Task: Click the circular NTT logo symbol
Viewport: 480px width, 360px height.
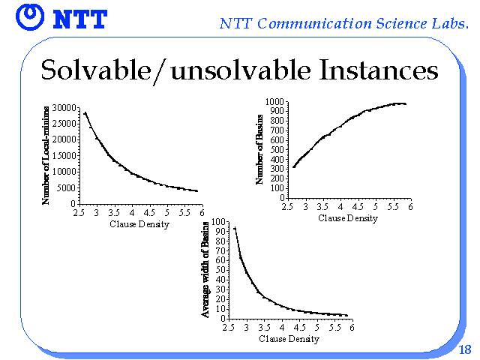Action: pos(30,17)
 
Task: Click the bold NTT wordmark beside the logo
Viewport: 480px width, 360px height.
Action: pos(80,19)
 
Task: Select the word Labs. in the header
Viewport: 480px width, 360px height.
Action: pos(450,23)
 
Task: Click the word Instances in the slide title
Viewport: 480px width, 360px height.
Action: pos(378,70)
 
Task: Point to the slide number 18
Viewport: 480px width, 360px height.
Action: pos(465,349)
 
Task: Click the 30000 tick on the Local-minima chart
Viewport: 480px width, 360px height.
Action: pos(64,108)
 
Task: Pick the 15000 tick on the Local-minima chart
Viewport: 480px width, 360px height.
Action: pos(64,156)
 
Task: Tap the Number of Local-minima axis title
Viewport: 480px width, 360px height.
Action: pos(45,155)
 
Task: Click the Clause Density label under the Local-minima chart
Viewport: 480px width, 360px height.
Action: pos(139,224)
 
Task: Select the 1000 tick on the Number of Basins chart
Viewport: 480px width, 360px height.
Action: pos(274,101)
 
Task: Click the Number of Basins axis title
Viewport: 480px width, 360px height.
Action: pos(259,149)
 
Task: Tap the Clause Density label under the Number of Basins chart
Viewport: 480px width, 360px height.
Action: pos(348,218)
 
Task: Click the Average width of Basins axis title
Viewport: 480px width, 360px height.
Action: pos(205,269)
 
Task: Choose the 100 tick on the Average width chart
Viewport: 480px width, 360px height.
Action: pos(218,222)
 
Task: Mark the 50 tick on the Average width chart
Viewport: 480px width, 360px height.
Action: pos(220,270)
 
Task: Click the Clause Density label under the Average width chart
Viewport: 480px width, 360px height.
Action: pos(289,339)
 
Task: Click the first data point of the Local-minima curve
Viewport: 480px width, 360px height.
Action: pos(85,113)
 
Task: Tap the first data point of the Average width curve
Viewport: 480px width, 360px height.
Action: pos(235,228)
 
